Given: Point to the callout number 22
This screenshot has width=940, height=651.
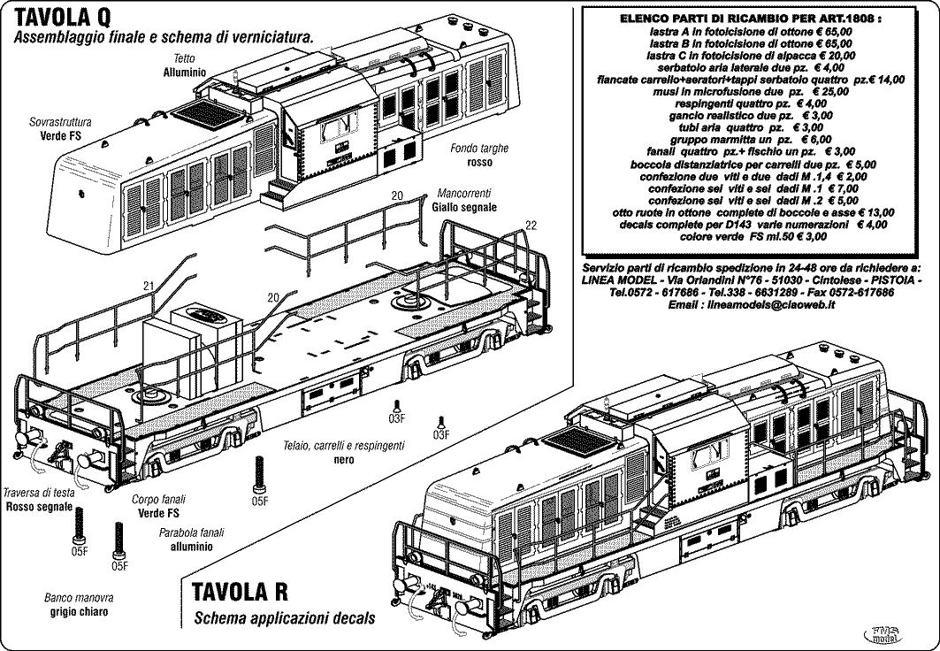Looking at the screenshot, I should (x=531, y=225).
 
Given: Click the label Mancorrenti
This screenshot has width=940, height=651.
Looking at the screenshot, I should (x=464, y=193).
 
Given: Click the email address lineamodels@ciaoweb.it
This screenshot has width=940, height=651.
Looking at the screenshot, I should (x=747, y=303).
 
